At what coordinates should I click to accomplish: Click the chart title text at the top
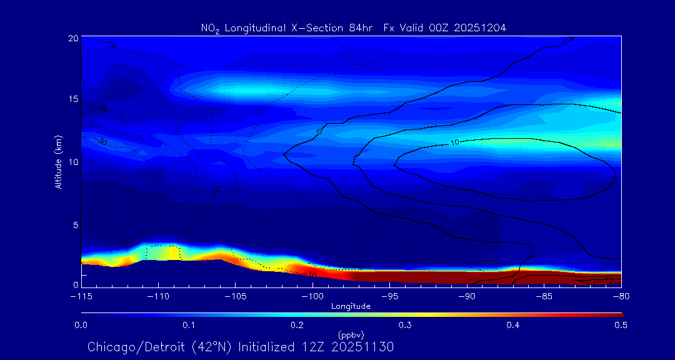[x=353, y=27]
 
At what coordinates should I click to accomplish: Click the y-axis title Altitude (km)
[x=59, y=161]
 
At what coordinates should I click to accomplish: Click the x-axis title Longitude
[x=351, y=306]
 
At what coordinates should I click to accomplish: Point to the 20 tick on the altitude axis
[x=73, y=38]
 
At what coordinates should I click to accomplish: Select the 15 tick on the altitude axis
[x=73, y=100]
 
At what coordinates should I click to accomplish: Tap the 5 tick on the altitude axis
[x=76, y=224]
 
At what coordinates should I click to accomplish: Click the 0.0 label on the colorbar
[x=81, y=325]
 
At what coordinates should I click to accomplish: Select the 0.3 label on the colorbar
[x=405, y=325]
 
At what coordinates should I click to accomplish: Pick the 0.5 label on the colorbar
[x=621, y=325]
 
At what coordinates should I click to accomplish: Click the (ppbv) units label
[x=351, y=334]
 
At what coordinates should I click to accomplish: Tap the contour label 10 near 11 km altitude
[x=455, y=142]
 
